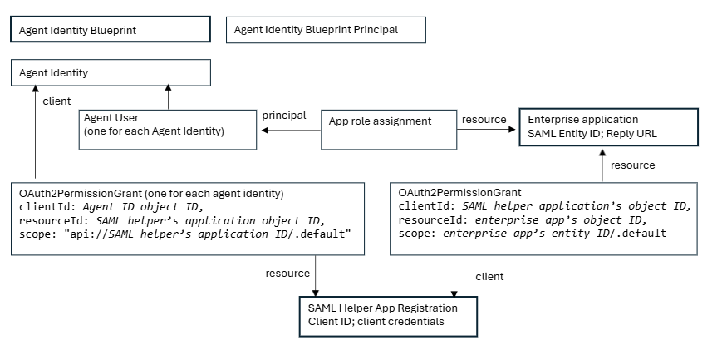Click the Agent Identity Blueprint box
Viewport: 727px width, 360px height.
point(110,30)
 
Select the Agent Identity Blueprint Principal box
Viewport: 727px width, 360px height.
point(326,30)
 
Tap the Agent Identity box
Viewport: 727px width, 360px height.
point(110,73)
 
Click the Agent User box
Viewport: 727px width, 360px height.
point(167,130)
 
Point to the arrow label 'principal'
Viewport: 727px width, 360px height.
point(283,116)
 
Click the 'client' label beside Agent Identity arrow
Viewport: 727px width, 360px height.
point(56,101)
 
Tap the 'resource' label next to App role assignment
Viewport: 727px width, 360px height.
point(484,120)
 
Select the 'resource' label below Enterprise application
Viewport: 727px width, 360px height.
point(632,165)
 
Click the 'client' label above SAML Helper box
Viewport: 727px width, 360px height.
point(489,276)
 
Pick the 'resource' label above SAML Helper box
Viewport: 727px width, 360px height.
point(287,274)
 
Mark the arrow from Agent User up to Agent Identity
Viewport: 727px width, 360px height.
point(168,96)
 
